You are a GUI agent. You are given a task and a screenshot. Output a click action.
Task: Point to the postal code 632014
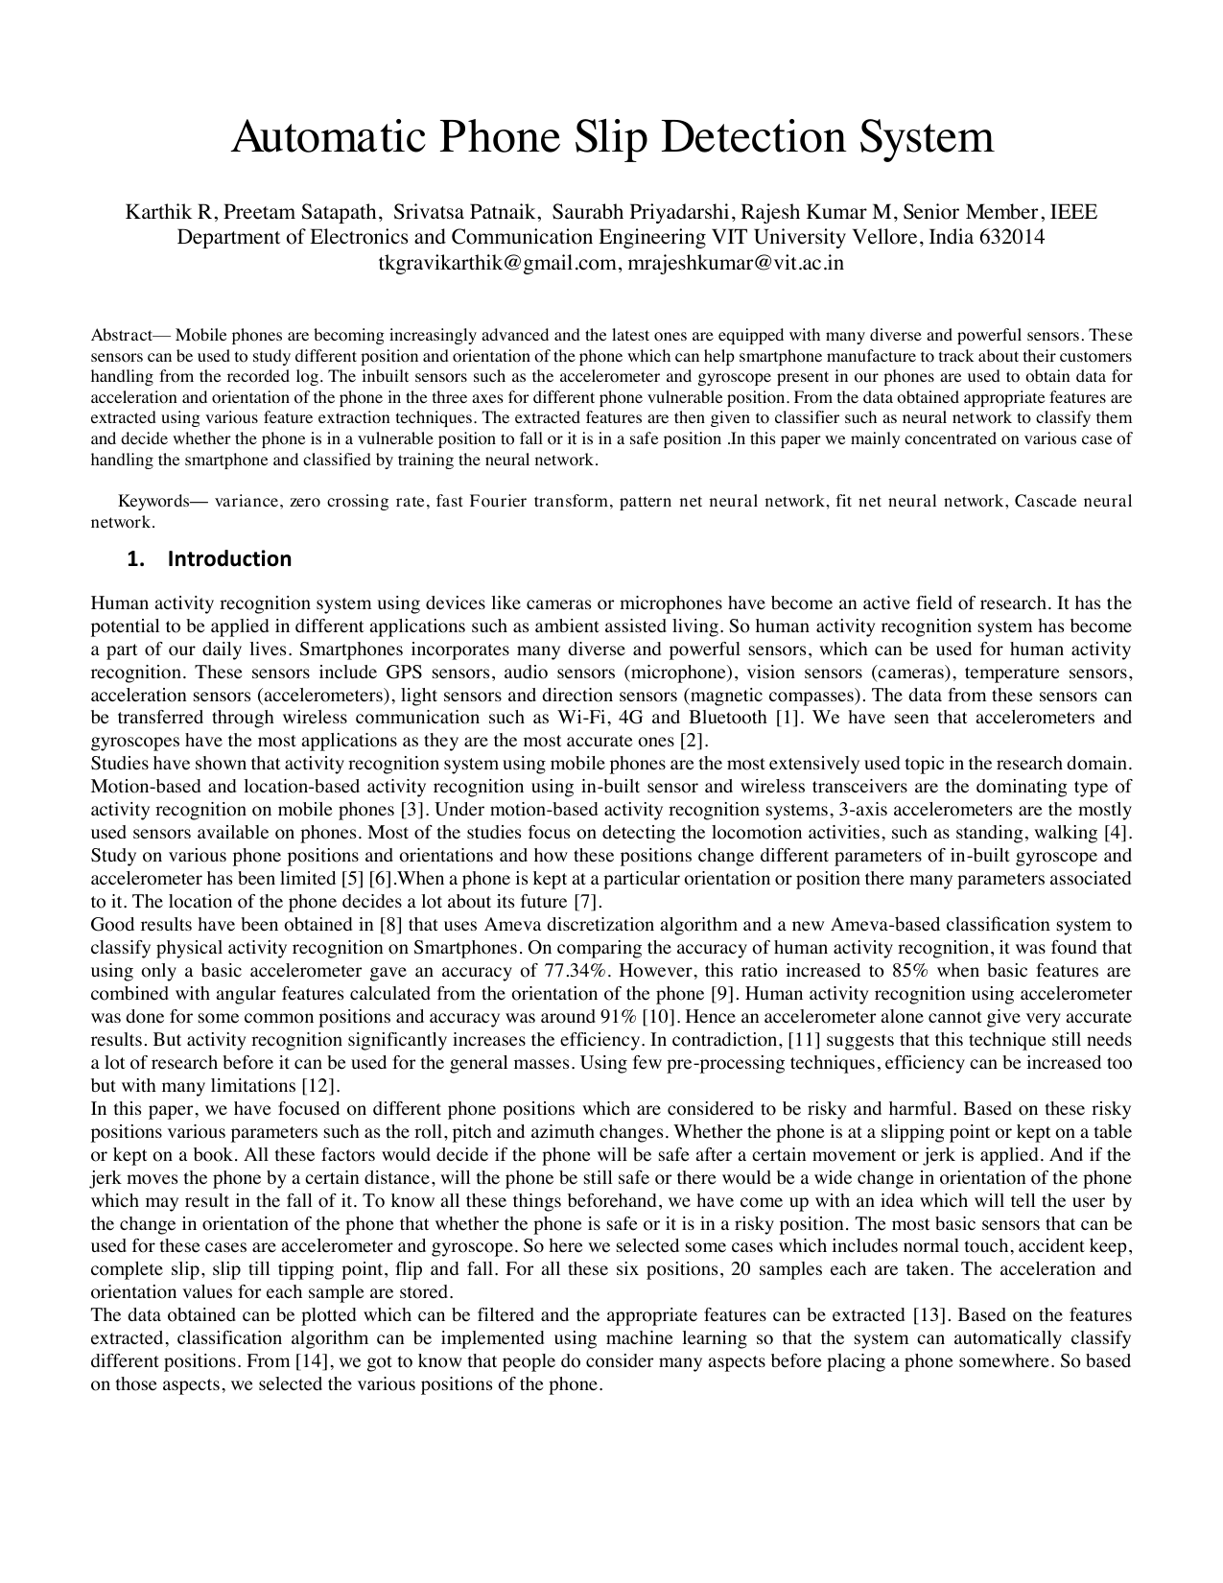[1013, 237]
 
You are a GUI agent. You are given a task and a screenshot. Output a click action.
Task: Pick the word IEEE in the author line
[1074, 212]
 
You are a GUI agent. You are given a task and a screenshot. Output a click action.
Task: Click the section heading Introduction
[229, 558]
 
